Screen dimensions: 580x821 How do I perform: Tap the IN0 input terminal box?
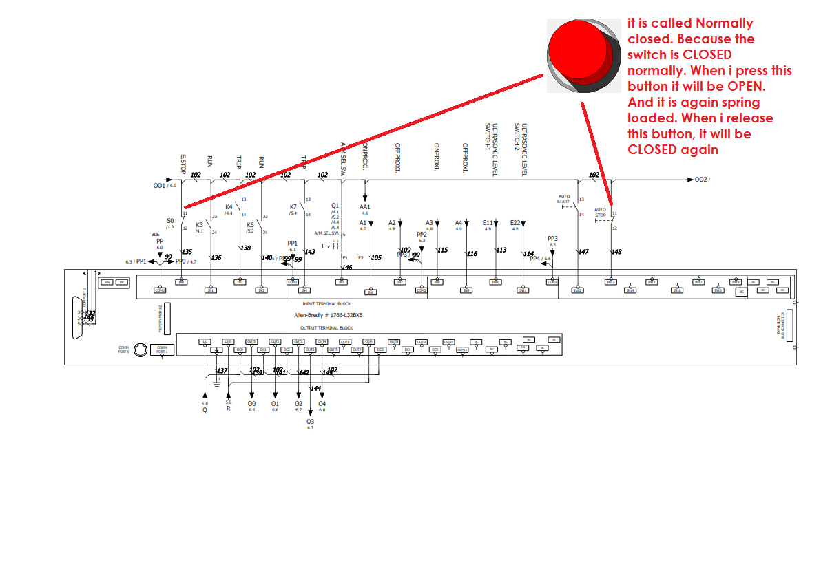point(182,282)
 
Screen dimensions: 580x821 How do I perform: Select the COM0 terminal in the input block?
point(160,290)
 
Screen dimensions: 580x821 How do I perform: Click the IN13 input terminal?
point(610,282)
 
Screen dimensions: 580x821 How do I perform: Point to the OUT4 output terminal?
point(322,341)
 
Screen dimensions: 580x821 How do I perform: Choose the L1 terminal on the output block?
point(205,341)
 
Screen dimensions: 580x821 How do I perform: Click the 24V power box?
point(107,282)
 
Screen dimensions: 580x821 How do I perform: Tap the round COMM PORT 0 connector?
point(141,350)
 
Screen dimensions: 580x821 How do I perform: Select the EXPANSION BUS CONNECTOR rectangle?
point(789,325)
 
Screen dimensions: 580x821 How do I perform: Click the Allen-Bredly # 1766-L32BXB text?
point(329,315)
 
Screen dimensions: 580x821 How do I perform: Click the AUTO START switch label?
point(564,199)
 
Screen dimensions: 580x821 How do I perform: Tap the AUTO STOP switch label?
point(600,212)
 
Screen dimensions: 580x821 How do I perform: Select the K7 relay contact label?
point(293,206)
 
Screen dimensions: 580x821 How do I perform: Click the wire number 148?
point(616,252)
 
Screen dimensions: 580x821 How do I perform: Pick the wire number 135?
point(187,252)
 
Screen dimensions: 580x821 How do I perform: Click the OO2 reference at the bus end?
point(701,180)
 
